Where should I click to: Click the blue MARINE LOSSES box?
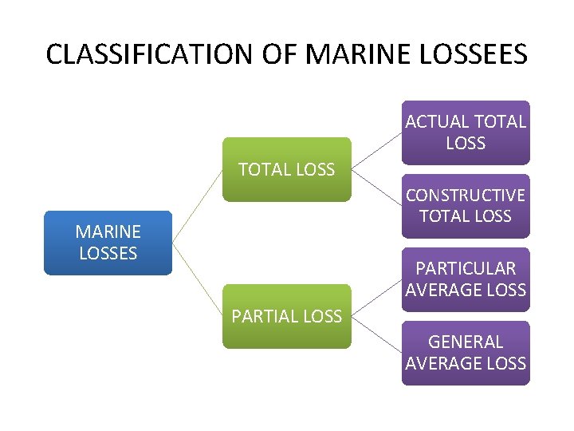(x=108, y=243)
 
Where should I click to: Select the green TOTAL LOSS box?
(x=286, y=169)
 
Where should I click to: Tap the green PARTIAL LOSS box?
(x=286, y=316)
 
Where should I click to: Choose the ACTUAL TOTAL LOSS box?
(x=466, y=132)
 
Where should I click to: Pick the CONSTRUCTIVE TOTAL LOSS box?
(x=466, y=206)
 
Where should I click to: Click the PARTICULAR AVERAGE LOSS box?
(x=466, y=279)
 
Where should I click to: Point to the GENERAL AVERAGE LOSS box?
(x=466, y=353)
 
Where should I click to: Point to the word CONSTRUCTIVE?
(x=466, y=196)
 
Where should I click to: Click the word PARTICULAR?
(x=466, y=269)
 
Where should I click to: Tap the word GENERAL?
(x=466, y=342)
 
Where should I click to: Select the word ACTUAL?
(x=438, y=122)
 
